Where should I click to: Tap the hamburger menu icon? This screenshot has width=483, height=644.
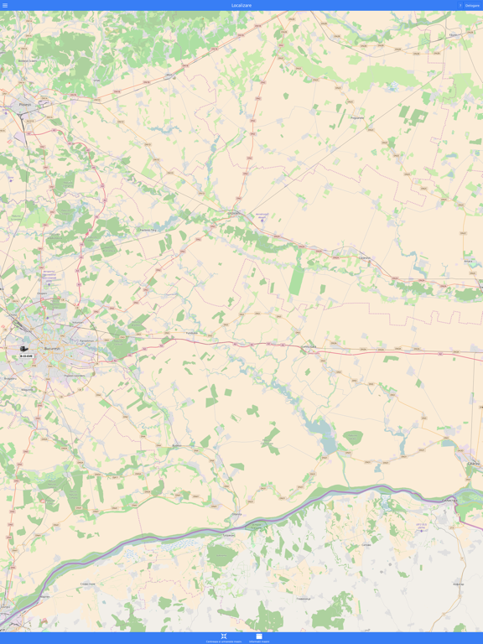5,5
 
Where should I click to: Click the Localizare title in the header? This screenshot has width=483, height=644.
241,5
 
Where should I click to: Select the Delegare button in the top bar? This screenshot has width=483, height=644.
472,5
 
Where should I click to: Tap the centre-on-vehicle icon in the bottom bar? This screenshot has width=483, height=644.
224,636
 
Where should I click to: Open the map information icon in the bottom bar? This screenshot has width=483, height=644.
259,636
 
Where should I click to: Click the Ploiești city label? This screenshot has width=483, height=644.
24,105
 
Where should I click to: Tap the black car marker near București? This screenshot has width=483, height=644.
23,348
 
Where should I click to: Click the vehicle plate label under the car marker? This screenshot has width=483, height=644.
27,356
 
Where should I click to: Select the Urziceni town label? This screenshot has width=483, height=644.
233,213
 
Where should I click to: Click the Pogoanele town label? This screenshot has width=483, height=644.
357,118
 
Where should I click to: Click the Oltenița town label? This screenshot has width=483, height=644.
236,514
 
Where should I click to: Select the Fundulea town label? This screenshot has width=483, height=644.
191,332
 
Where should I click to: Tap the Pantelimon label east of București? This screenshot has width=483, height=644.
86,340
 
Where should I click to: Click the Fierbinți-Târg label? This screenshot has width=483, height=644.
148,229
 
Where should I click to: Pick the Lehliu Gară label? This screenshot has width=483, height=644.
309,345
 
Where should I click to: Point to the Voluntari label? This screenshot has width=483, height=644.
78,321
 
